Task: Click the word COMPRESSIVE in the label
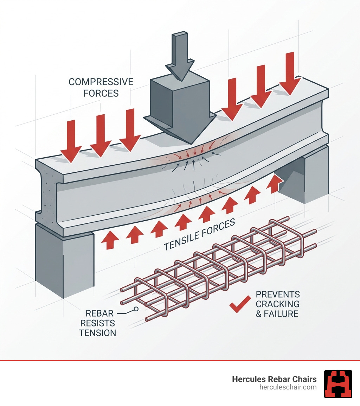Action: [x=101, y=82]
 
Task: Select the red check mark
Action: [x=240, y=305]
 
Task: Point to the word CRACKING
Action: [x=277, y=304]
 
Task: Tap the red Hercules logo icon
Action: [x=338, y=384]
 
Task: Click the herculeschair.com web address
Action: [x=288, y=387]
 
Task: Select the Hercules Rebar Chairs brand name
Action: [x=274, y=379]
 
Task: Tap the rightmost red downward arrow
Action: [x=289, y=72]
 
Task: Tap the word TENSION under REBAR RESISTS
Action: [x=97, y=332]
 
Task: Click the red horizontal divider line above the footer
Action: [x=180, y=361]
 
